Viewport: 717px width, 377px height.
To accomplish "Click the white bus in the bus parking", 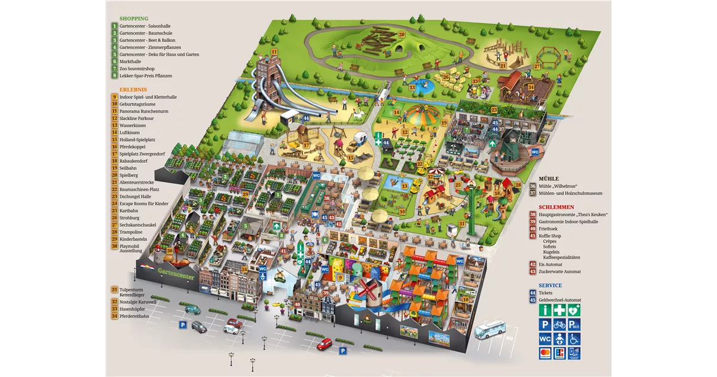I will point(490,329).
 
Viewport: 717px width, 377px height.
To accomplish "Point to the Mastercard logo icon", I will point(545,354).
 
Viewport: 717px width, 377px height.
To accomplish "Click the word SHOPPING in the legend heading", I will point(134,19).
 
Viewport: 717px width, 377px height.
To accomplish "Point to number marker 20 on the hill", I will point(402,35).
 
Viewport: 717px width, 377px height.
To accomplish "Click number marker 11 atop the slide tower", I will point(274,52).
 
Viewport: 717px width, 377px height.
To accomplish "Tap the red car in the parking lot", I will point(324,343).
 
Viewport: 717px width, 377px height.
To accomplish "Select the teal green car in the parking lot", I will point(193,309).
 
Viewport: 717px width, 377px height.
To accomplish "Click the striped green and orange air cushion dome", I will point(422,113).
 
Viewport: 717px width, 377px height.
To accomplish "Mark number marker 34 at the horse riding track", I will point(531,87).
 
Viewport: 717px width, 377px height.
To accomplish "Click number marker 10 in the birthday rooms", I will point(465,299).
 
